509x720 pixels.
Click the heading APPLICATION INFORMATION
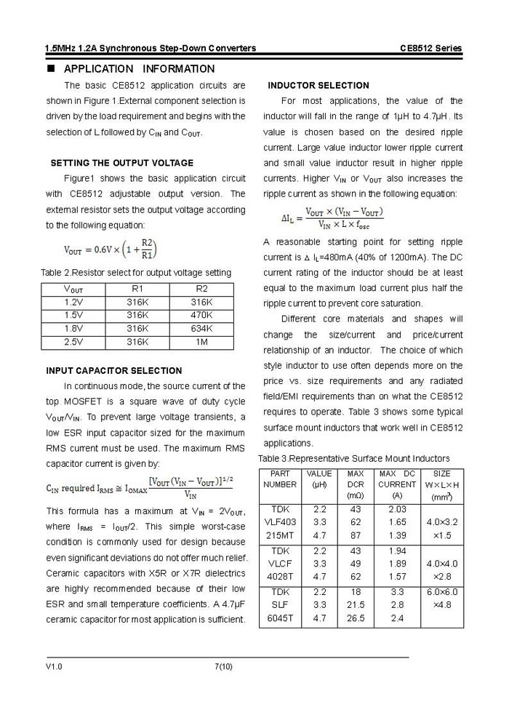point(139,69)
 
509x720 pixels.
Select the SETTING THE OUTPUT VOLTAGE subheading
point(121,163)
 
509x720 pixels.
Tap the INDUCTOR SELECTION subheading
point(318,86)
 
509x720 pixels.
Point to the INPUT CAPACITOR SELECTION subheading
point(114,371)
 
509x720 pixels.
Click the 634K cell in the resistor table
point(201,328)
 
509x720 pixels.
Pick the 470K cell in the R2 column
point(201,315)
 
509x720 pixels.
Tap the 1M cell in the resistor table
point(201,341)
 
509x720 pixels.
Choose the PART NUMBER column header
point(280,479)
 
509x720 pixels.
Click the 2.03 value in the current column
point(398,509)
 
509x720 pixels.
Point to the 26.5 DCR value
point(356,618)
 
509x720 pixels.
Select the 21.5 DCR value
point(356,605)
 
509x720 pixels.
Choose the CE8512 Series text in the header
point(430,48)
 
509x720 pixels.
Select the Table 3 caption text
point(354,458)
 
